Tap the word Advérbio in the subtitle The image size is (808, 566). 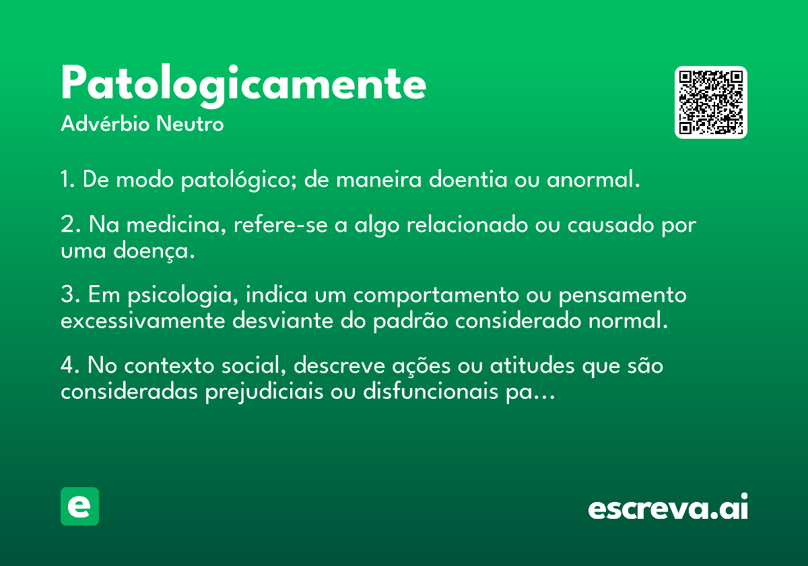pyautogui.click(x=105, y=123)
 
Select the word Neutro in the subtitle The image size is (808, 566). pyautogui.click(x=190, y=124)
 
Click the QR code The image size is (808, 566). pyautogui.click(x=710, y=102)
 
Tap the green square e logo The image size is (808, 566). pyautogui.click(x=79, y=506)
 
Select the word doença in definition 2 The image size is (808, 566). pyautogui.click(x=154, y=251)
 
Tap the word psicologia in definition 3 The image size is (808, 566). pyautogui.click(x=183, y=295)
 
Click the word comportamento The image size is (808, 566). pyautogui.click(x=436, y=296)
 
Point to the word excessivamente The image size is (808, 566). pyautogui.click(x=143, y=321)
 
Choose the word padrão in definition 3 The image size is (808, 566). pyautogui.click(x=411, y=321)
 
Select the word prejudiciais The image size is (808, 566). pyautogui.click(x=264, y=391)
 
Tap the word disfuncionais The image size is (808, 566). pyautogui.click(x=430, y=391)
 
